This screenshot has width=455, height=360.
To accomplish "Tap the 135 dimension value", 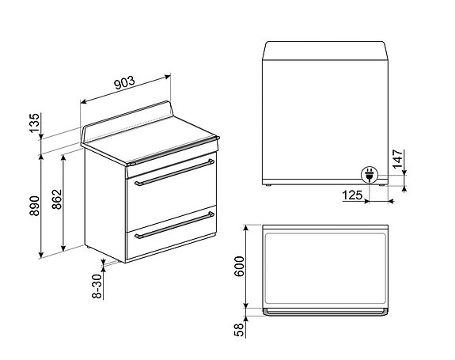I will pos(33,125).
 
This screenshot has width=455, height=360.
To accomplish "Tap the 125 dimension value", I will pos(353,195).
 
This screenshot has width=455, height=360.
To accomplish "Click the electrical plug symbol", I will pos(369,175).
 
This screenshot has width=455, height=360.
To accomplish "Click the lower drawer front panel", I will pos(170,241).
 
